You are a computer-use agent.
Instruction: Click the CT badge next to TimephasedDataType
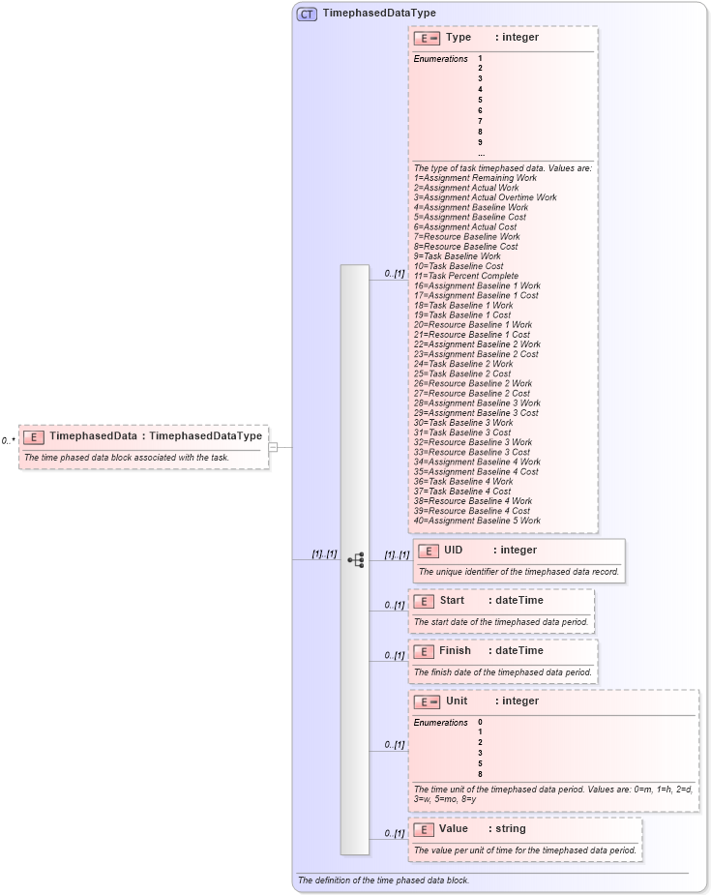point(307,14)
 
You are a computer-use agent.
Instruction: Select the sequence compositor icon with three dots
point(355,559)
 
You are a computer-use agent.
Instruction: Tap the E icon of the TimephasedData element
point(34,436)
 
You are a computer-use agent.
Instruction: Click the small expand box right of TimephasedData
point(273,447)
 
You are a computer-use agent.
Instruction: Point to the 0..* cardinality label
point(9,441)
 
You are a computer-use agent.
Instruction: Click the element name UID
point(453,550)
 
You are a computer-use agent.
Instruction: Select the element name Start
point(452,600)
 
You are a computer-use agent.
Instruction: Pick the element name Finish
point(455,650)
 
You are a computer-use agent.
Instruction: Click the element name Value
point(453,828)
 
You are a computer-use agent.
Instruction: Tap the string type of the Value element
point(510,828)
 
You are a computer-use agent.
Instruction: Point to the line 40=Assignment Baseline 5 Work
point(477,521)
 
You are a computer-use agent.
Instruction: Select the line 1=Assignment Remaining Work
point(475,178)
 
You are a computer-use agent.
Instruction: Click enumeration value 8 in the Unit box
point(480,774)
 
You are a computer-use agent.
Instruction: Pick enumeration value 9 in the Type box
point(480,142)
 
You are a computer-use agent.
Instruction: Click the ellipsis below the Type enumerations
point(481,153)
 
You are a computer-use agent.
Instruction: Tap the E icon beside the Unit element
point(427,701)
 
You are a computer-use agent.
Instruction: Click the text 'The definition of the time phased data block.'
point(383,880)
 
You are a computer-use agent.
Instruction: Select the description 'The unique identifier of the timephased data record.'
point(518,572)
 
